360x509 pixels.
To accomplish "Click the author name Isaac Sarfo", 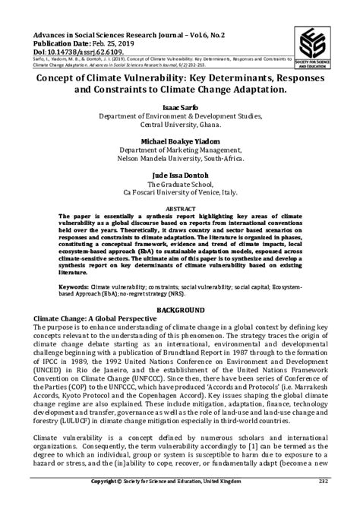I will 179,108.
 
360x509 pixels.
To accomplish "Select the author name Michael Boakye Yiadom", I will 179,142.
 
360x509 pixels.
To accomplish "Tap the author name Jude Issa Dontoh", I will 179,175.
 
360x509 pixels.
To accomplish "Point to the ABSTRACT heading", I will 179,207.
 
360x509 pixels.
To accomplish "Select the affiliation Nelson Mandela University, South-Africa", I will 179,159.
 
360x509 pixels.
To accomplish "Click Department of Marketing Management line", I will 179,150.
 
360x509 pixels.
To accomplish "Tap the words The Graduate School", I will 179,184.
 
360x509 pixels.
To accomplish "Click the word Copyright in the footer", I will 109,502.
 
